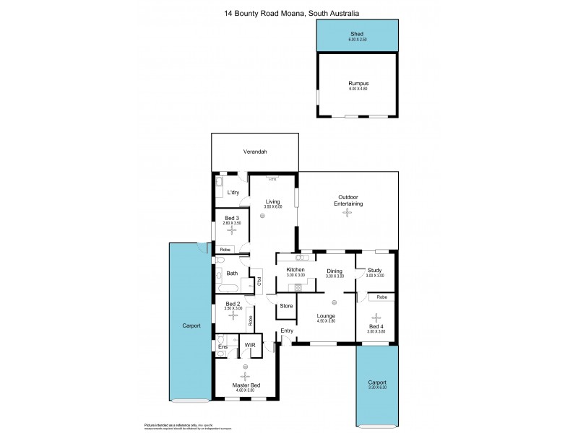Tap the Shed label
(x=357, y=34)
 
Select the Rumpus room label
(x=357, y=82)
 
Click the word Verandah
(x=254, y=152)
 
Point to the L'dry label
(x=233, y=193)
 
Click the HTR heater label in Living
(x=272, y=179)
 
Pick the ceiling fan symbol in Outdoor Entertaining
(x=348, y=212)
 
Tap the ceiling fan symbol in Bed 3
(x=232, y=231)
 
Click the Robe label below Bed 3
(x=225, y=250)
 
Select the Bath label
(x=232, y=274)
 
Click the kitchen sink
(x=303, y=257)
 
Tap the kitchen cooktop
(x=297, y=287)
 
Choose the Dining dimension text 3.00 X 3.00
(x=335, y=276)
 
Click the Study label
(x=374, y=271)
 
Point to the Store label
(x=286, y=306)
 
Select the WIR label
(x=250, y=346)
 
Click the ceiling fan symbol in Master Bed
(x=245, y=375)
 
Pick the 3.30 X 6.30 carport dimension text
(x=376, y=388)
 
